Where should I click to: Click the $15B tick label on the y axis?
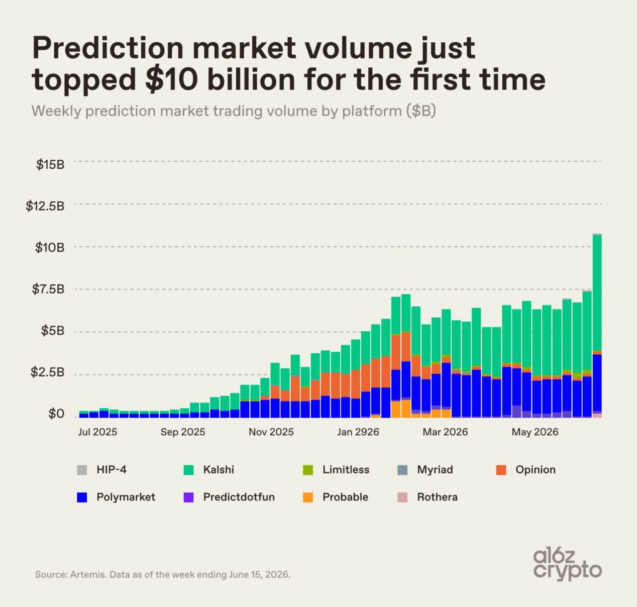[50, 165]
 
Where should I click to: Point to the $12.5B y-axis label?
[45, 206]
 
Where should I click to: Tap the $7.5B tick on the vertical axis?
[48, 289]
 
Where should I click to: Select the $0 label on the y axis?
[56, 413]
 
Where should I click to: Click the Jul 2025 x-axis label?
[97, 432]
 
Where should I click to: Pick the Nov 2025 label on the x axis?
[271, 432]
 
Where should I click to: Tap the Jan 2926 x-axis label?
[358, 432]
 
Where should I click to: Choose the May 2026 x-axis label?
[535, 432]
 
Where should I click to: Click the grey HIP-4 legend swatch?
[82, 470]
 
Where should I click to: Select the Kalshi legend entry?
[209, 470]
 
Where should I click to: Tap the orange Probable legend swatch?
[308, 497]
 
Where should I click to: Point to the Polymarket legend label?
[126, 497]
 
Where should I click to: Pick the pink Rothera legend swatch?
[403, 497]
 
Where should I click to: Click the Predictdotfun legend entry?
[229, 497]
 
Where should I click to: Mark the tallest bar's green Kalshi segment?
[597, 293]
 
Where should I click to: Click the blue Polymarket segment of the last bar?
[597, 383]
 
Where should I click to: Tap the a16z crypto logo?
[567, 565]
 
